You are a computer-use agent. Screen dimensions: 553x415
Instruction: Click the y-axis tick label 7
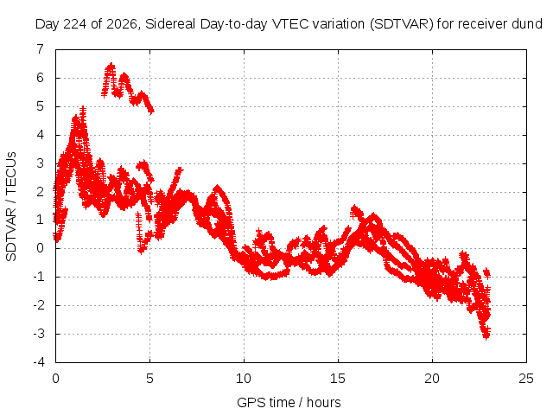(41, 49)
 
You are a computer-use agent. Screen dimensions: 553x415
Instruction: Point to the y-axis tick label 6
(41, 78)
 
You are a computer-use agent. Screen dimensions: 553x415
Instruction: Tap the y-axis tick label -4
(39, 362)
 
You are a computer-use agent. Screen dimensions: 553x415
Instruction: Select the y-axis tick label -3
(39, 334)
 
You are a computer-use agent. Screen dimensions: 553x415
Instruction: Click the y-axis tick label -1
(39, 277)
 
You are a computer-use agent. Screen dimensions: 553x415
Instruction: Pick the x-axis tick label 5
(149, 379)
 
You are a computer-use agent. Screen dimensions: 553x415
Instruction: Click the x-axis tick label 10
(244, 379)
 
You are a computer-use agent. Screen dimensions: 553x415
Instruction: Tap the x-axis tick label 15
(338, 379)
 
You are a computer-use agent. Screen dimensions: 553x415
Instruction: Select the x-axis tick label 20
(432, 379)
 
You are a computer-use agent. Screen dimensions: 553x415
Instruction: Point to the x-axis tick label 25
(526, 379)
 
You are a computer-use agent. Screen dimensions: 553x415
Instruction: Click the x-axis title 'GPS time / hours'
(289, 403)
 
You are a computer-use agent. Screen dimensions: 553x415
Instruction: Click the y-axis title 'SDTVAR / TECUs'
(11, 207)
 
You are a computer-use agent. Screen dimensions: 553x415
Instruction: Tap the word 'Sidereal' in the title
(171, 24)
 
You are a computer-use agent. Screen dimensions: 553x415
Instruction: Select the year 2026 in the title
(121, 24)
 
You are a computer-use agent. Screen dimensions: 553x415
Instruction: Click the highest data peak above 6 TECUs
(111, 66)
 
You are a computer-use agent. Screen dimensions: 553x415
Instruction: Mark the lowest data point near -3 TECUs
(486, 337)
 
